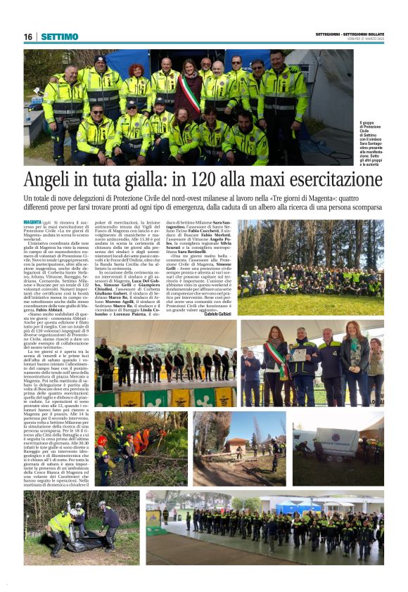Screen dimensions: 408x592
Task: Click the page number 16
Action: point(28,37)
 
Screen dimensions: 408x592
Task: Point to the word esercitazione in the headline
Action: point(337,179)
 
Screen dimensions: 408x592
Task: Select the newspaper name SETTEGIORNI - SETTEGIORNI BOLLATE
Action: point(349,34)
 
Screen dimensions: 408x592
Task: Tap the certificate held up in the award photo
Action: point(300,355)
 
